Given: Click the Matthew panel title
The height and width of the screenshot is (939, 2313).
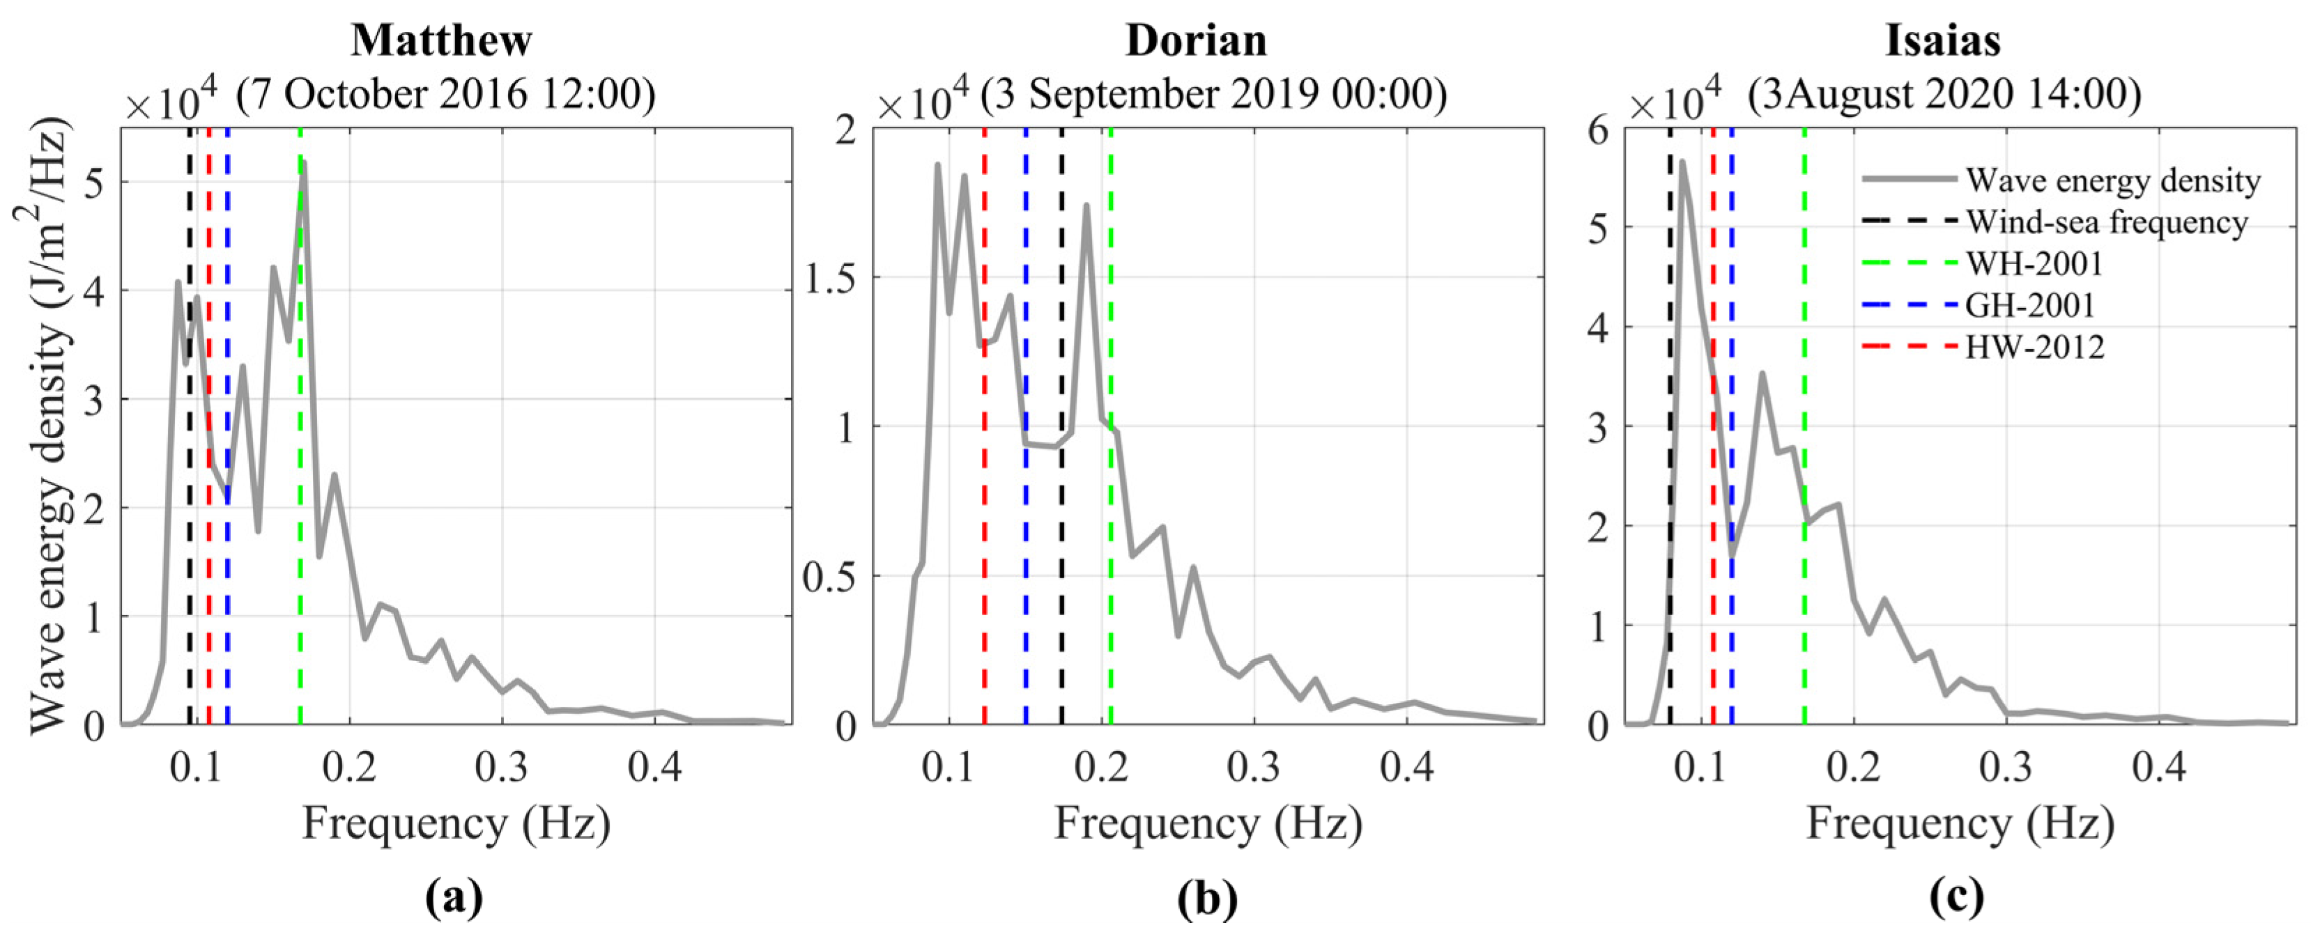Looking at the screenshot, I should point(441,40).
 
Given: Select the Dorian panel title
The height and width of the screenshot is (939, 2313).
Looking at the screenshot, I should point(1196,40).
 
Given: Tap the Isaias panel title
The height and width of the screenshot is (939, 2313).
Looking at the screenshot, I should point(1942,40).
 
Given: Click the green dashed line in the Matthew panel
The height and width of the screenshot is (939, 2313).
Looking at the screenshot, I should point(300,538).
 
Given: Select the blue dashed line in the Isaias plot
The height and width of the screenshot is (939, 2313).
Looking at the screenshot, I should point(1731,628).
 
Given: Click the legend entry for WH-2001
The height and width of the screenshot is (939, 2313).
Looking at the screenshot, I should point(2034,264).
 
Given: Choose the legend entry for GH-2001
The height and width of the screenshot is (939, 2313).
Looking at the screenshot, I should point(2029,305).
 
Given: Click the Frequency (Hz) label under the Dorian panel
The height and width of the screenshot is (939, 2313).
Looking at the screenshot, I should point(1208,823).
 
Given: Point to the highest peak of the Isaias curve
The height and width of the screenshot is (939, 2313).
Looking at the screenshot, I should point(1682,162).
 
